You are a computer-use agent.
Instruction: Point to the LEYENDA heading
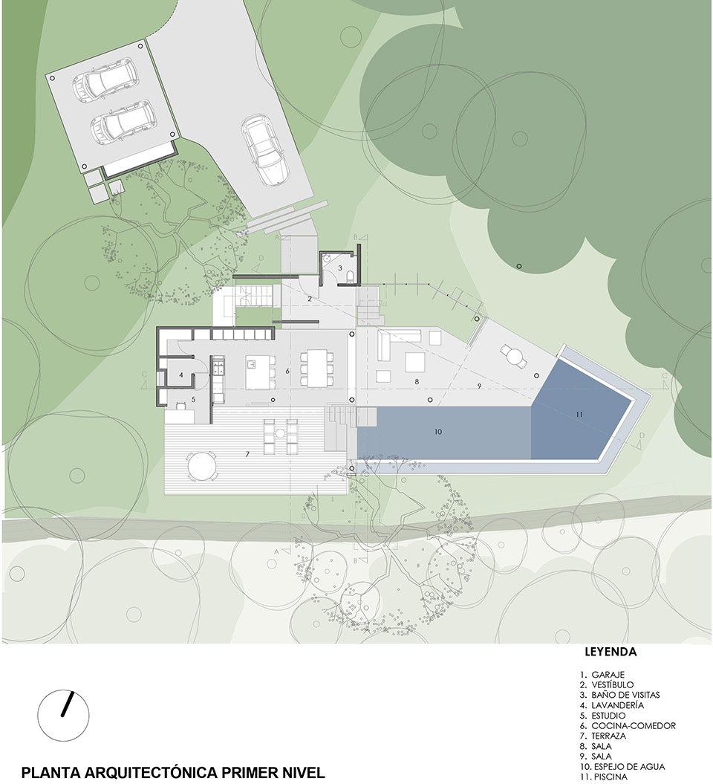[x=611, y=652]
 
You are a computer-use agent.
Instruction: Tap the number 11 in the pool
[x=579, y=414]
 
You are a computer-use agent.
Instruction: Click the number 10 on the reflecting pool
[x=438, y=432]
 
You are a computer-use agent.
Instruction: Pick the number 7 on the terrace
[x=247, y=454]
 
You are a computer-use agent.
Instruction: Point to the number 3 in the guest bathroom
[x=340, y=268]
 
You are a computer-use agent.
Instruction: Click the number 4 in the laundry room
[x=181, y=375]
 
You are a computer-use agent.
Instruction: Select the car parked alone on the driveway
[x=265, y=151]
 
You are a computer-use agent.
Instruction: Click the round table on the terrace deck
[x=202, y=467]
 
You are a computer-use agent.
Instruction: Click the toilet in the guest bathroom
[x=351, y=276]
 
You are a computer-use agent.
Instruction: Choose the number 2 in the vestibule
[x=310, y=299]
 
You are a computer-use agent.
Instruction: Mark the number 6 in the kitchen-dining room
[x=287, y=371]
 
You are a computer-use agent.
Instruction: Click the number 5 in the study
[x=193, y=399]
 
